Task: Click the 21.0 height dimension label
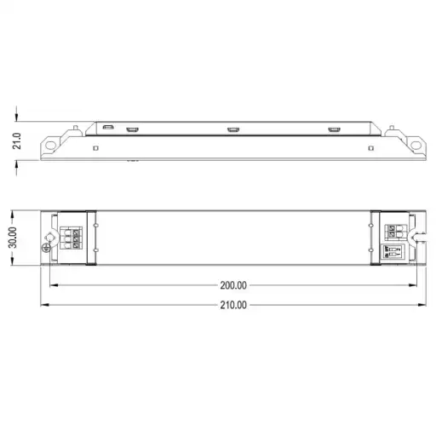(15, 141)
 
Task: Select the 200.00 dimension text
(232, 285)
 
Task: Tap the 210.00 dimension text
(232, 304)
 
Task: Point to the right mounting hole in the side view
(416, 146)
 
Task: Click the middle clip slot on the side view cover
(232, 129)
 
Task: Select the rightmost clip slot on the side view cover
(333, 129)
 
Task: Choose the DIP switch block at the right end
(394, 253)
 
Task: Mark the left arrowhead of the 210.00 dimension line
(44, 304)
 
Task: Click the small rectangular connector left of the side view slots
(108, 128)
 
